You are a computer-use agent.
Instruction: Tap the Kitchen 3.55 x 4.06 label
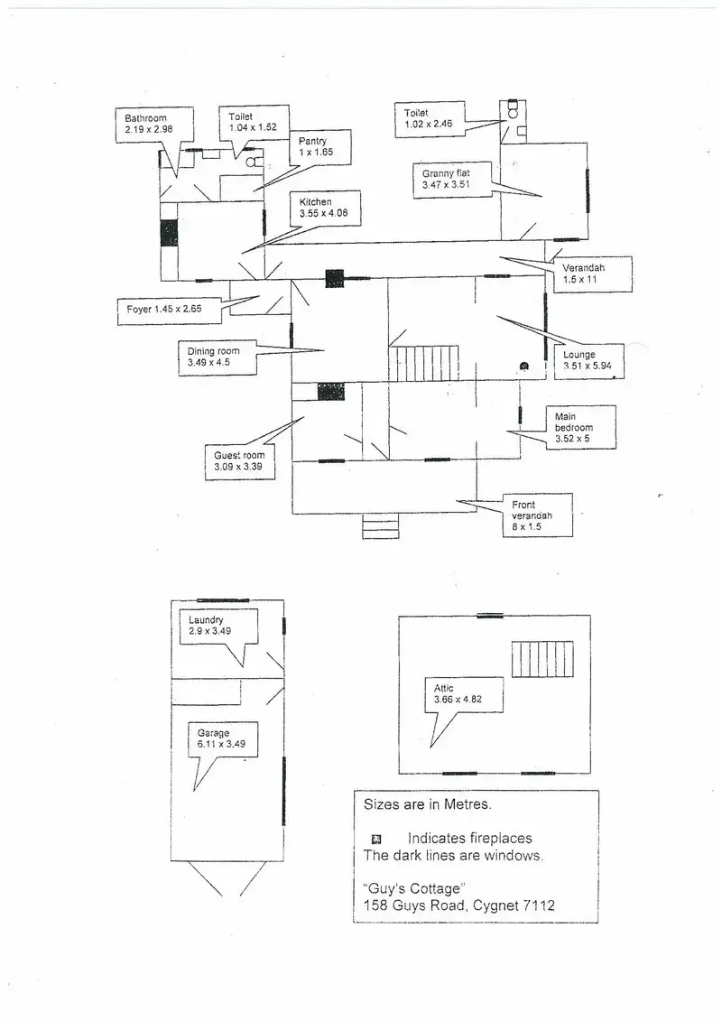tap(324, 209)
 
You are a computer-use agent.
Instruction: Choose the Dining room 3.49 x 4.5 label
tap(215, 357)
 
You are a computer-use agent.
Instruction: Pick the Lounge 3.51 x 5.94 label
tap(580, 360)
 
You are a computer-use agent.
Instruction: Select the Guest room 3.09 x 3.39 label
tap(239, 462)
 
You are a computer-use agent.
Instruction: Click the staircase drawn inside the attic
tap(542, 659)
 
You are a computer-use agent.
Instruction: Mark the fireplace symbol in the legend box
tap(376, 839)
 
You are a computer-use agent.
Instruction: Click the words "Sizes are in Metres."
tap(414, 803)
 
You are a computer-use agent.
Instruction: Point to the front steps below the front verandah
tap(379, 525)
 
